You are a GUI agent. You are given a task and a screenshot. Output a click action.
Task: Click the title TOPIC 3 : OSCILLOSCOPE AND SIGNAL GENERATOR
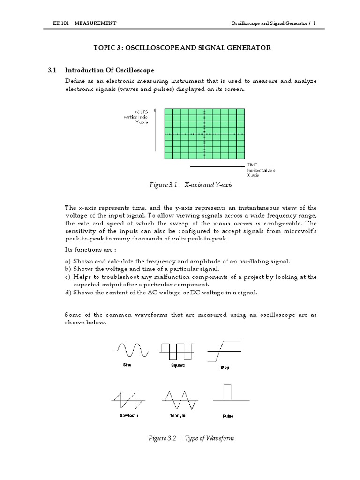[182, 48]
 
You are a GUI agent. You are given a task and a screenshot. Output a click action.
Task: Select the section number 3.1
[52, 70]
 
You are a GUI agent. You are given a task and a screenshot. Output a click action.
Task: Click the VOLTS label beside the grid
[141, 111]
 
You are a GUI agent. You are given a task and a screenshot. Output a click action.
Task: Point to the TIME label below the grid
[253, 165]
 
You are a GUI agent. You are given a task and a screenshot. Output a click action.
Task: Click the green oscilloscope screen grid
[204, 134]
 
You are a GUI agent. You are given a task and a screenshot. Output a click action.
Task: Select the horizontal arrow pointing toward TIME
[217, 166]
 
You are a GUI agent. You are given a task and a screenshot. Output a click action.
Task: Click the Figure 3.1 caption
[190, 185]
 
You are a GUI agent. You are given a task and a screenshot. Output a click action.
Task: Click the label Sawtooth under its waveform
[129, 415]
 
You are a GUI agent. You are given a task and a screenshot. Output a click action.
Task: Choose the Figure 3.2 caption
[190, 438]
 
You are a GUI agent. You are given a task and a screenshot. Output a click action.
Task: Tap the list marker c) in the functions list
[67, 277]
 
